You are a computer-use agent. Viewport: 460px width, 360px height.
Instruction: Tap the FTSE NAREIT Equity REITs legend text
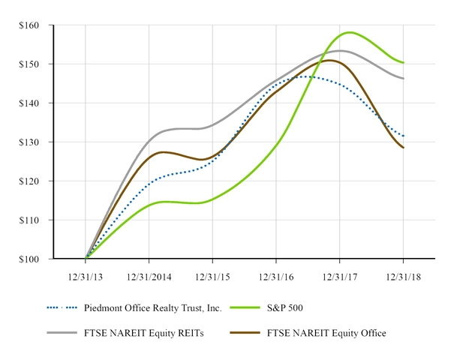[x=143, y=333]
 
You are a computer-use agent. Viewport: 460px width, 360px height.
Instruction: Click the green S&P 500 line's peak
[x=350, y=32]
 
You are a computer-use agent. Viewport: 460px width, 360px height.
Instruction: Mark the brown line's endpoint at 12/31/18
[x=404, y=148]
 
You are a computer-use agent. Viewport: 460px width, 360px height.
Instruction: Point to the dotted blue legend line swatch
[x=64, y=307]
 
